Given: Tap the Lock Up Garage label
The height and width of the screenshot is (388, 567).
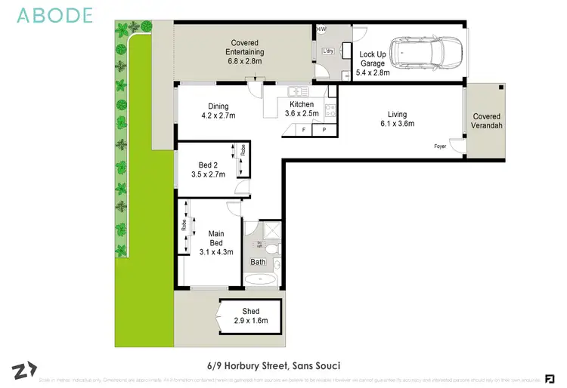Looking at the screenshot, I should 373,63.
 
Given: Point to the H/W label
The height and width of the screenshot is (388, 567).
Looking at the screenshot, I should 321,29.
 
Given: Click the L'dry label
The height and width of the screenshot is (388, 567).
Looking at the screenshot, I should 328,51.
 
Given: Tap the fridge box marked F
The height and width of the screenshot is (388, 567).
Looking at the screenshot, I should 304,130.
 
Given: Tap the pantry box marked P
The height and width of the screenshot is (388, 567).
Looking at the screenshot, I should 324,130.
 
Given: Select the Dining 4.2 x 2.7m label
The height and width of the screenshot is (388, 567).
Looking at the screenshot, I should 218,111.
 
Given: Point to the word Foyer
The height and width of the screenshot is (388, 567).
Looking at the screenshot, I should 439,146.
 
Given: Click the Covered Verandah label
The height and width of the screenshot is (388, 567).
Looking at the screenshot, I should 487,121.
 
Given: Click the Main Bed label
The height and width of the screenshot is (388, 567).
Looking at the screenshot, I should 216,243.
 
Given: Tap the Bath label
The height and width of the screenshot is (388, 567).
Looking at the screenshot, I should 259,263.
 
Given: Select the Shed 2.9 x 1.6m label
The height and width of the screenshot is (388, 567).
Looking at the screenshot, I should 250,316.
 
